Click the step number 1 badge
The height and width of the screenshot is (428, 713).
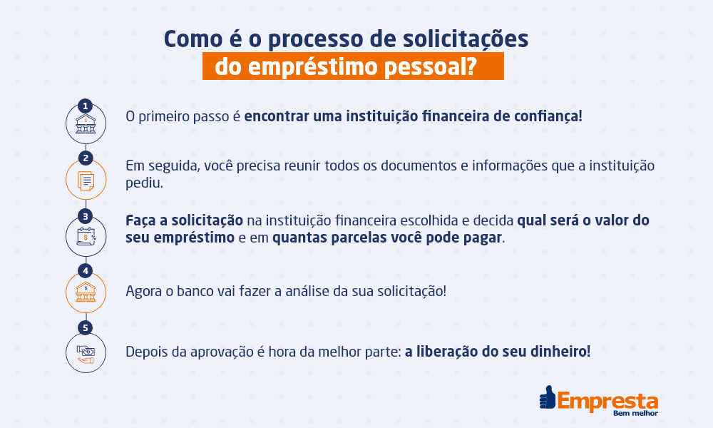pyautogui.click(x=86, y=106)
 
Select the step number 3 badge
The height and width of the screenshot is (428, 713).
pyautogui.click(x=86, y=215)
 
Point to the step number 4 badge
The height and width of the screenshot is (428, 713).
pyautogui.click(x=86, y=271)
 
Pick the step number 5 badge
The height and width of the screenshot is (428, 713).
pyautogui.click(x=86, y=328)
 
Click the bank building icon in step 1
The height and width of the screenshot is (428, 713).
pyautogui.click(x=86, y=126)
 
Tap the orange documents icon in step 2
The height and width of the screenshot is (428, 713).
pyautogui.click(x=86, y=181)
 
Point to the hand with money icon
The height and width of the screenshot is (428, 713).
pyautogui.click(x=86, y=352)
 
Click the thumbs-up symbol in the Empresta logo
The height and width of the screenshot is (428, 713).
pyautogui.click(x=548, y=398)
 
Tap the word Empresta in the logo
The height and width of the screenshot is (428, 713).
pyautogui.click(x=607, y=399)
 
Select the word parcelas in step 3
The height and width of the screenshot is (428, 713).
pyautogui.click(x=363, y=238)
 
